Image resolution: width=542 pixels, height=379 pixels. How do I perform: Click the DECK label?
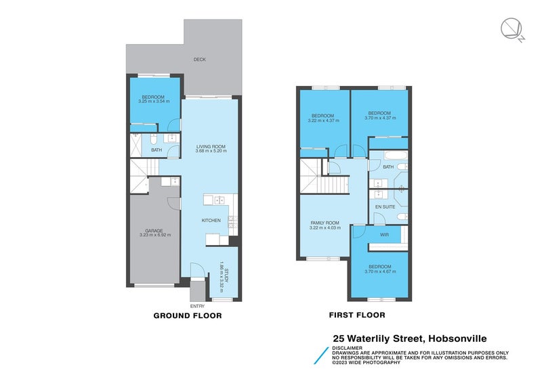199,60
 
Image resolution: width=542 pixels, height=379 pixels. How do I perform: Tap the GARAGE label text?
154,230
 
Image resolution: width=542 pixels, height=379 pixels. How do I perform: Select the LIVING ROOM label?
210,147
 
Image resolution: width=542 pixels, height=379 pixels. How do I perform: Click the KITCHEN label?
211,221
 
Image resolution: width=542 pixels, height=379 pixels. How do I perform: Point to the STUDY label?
227,275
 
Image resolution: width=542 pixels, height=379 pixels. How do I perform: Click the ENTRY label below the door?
198,306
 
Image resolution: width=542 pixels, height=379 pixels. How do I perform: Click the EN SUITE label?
385,206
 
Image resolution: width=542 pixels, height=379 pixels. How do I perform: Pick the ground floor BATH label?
156,150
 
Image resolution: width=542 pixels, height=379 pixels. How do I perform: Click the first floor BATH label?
388,167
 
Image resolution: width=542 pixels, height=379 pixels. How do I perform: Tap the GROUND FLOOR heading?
188,315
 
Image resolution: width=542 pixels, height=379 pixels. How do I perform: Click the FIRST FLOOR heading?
357,315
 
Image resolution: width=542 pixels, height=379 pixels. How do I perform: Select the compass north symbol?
510,28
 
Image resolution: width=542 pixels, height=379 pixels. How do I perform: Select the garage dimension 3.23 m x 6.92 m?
154,235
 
